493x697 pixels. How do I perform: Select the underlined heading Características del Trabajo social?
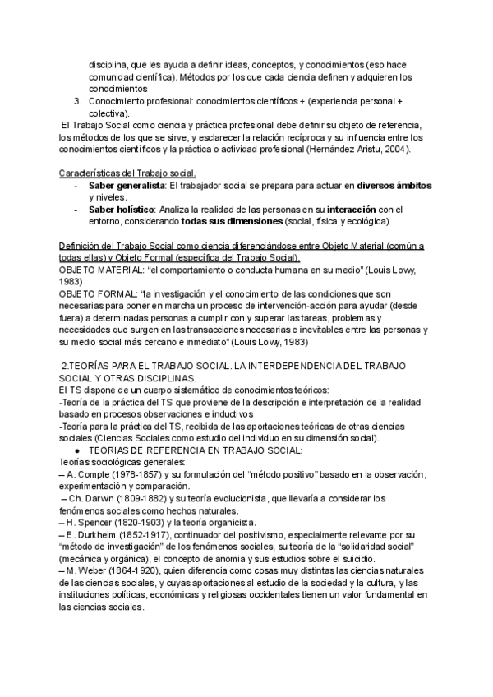[129, 173]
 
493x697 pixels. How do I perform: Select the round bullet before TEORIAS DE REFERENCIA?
[76, 450]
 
